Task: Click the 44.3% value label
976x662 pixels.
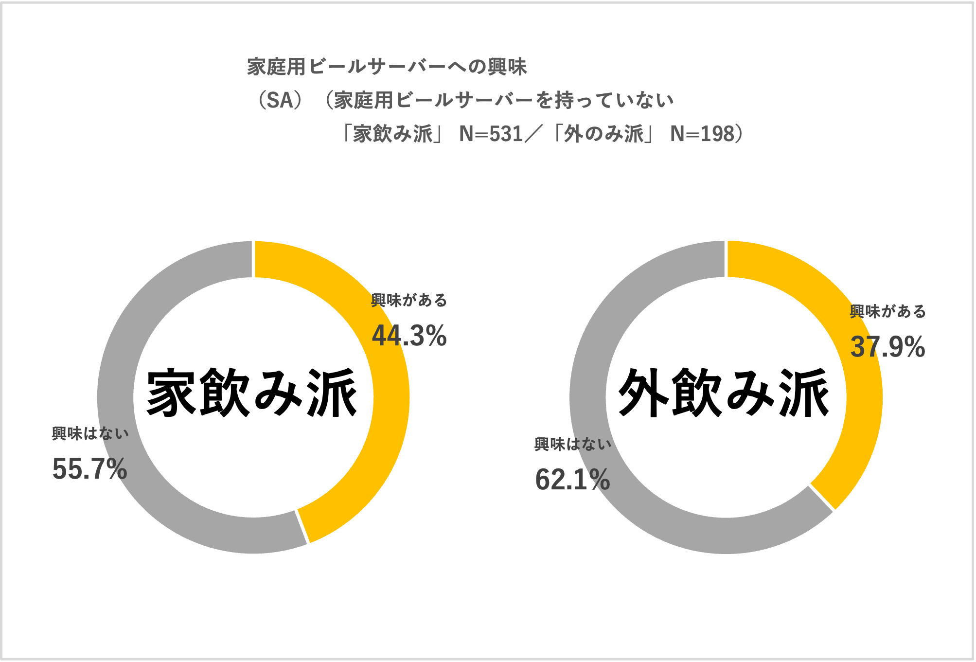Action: [409, 336]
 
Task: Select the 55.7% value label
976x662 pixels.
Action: [89, 469]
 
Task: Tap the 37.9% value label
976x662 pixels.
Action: [887, 347]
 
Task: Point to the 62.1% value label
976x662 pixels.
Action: [572, 480]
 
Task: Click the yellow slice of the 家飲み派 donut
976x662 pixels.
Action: [384, 438]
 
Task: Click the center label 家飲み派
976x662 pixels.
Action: [252, 393]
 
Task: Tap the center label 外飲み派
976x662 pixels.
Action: [724, 393]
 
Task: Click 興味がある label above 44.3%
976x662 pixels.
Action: [409, 300]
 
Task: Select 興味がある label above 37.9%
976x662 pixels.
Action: [887, 311]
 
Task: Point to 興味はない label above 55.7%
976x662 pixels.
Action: [90, 433]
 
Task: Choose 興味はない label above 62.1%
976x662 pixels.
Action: [572, 444]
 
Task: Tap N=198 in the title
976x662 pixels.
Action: [702, 134]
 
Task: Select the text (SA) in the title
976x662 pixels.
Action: [280, 100]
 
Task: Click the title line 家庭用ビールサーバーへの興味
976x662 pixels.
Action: [387, 67]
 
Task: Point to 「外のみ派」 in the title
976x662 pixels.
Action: [603, 134]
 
